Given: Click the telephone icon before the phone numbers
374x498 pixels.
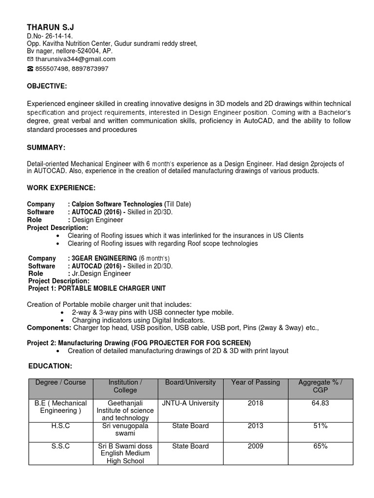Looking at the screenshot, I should click(30, 69).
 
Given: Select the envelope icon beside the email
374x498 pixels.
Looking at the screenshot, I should click(30, 59).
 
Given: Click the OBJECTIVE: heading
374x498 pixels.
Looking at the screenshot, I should click(47, 86).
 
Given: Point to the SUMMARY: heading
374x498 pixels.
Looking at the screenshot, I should click(46, 147).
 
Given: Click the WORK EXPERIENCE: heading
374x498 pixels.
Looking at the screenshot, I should click(61, 187).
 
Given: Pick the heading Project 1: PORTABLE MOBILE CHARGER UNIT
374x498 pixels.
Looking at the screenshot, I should click(97, 288).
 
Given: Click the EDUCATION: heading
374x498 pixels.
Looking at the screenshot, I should click(49, 365).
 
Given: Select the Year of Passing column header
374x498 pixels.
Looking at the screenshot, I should click(256, 382).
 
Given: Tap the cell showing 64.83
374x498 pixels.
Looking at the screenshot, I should click(320, 403).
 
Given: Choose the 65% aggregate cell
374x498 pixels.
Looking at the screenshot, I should click(320, 446).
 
